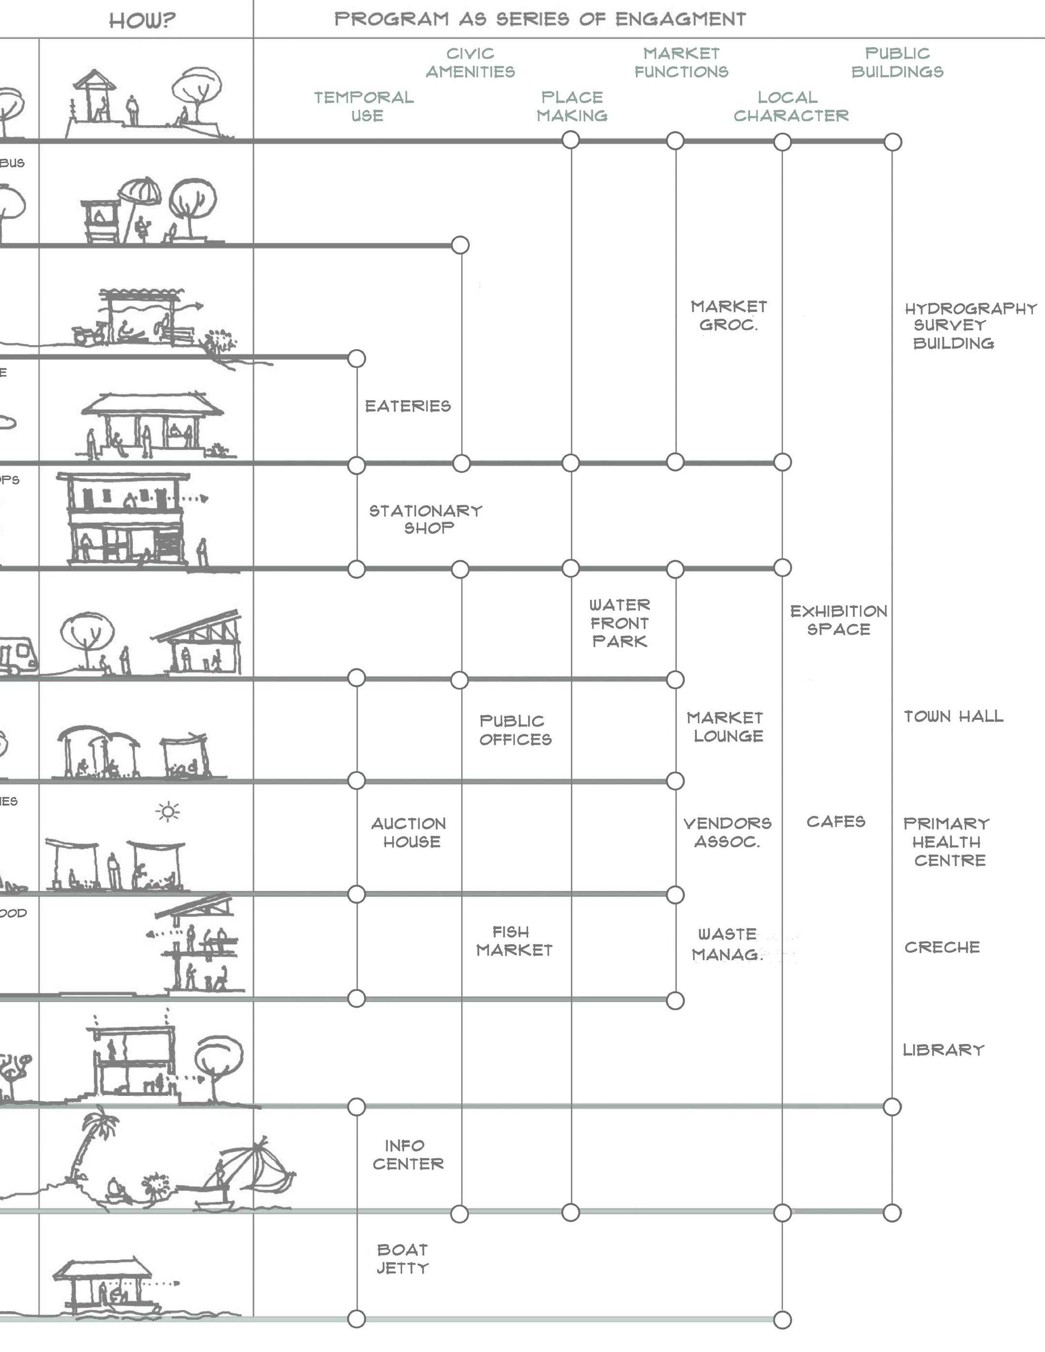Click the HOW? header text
(x=142, y=20)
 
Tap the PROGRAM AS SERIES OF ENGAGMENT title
(x=540, y=19)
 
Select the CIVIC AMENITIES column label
(x=470, y=62)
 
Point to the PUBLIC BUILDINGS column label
(x=897, y=62)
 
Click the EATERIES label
(x=408, y=406)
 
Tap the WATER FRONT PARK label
(x=620, y=623)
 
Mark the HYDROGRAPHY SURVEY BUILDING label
(x=970, y=326)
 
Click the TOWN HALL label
(x=954, y=717)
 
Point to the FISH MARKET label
(x=514, y=941)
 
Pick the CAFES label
(x=835, y=822)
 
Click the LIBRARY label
(x=943, y=1050)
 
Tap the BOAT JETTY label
(x=402, y=1259)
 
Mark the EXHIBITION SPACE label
(x=838, y=620)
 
